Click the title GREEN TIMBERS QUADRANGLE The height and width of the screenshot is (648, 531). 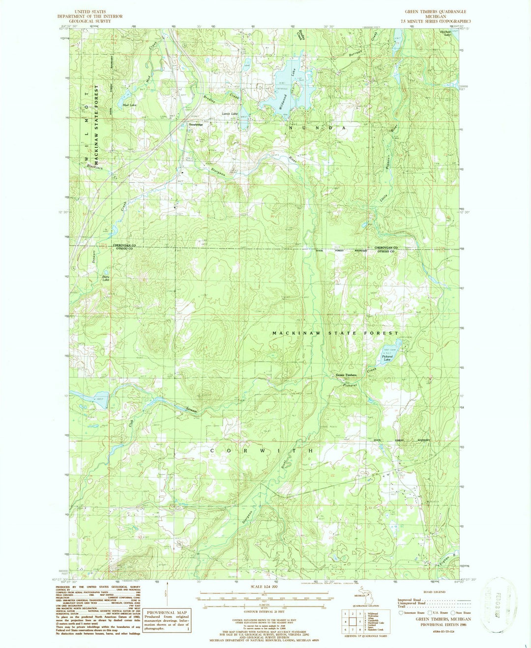click(435, 11)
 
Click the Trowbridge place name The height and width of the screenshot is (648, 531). click(196, 124)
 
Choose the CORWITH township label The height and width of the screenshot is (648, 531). click(262, 451)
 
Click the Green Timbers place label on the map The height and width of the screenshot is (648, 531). click(346, 375)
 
